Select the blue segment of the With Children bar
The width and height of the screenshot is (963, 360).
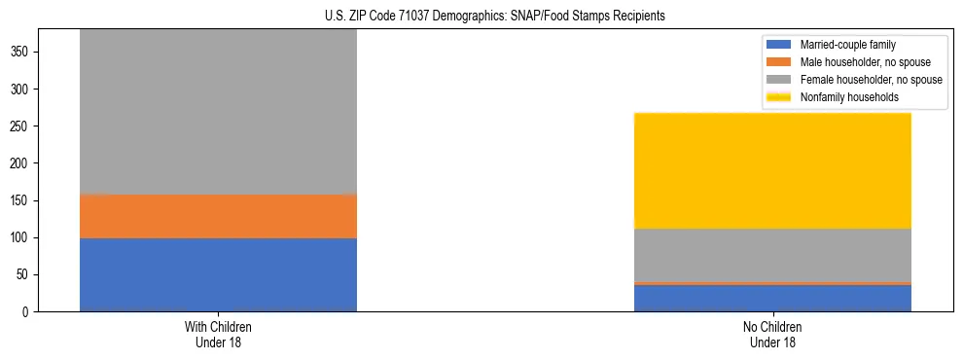coord(218,274)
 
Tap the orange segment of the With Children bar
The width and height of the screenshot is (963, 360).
coord(218,216)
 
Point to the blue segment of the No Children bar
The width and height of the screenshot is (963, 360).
coord(772,298)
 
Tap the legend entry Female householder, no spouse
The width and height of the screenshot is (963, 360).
coord(870,80)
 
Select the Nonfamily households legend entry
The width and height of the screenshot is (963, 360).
coord(842,97)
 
